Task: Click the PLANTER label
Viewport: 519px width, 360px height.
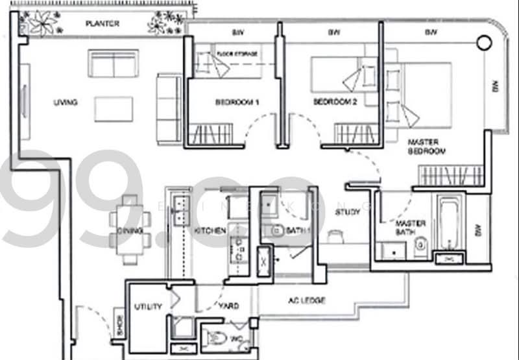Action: point(103,25)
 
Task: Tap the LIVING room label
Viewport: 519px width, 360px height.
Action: point(66,102)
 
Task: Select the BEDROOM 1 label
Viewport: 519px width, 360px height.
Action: point(237,102)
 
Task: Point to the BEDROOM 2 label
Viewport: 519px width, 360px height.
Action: point(335,102)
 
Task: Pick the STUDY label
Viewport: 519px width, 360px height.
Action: point(348,211)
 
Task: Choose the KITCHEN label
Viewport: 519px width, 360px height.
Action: point(210,230)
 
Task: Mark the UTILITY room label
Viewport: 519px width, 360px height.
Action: point(148,306)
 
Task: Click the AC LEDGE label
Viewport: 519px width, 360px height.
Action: point(306,300)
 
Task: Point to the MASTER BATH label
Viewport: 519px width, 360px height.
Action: point(411,228)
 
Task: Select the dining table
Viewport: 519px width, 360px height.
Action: point(130,230)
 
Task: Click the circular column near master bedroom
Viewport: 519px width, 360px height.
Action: point(484,44)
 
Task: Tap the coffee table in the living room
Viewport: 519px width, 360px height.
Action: point(114,109)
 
